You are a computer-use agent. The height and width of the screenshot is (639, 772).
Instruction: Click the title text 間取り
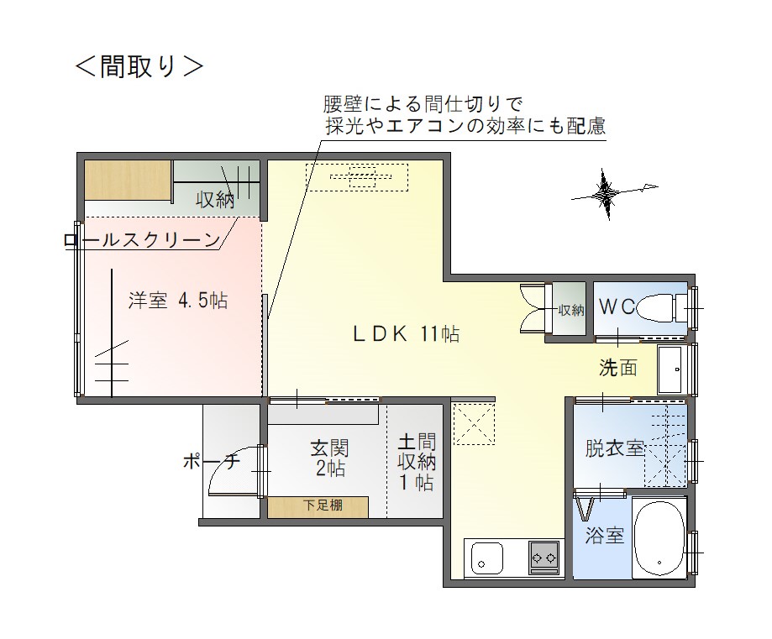(x=139, y=66)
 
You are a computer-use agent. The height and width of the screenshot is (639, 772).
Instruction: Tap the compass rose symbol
(x=607, y=193)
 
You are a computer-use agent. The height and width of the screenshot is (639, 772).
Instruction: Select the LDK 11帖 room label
(x=407, y=334)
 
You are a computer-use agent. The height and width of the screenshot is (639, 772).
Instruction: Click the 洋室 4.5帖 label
(x=178, y=301)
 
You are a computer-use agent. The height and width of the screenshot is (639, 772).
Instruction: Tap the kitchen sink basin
(x=487, y=558)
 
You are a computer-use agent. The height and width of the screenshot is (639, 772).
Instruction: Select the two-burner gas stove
(x=544, y=558)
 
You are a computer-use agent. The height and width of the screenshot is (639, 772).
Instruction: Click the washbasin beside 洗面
(x=670, y=369)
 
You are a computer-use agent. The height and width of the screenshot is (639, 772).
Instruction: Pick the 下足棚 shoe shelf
(x=318, y=507)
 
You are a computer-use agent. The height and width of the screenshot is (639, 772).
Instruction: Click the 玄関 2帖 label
(x=329, y=458)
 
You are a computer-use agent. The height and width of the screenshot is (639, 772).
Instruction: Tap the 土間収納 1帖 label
(x=417, y=462)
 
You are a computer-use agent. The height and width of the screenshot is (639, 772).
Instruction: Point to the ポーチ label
(x=211, y=461)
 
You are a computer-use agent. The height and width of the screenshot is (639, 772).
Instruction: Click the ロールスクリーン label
(x=142, y=240)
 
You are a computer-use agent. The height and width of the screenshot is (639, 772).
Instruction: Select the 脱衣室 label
(x=614, y=448)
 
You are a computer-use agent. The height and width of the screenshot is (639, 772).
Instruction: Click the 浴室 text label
(x=605, y=535)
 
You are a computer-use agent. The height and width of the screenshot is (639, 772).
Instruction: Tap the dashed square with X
(x=473, y=424)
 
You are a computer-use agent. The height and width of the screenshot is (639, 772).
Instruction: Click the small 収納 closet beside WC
(x=570, y=310)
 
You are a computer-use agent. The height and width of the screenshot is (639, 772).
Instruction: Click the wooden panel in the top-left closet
(x=128, y=180)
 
